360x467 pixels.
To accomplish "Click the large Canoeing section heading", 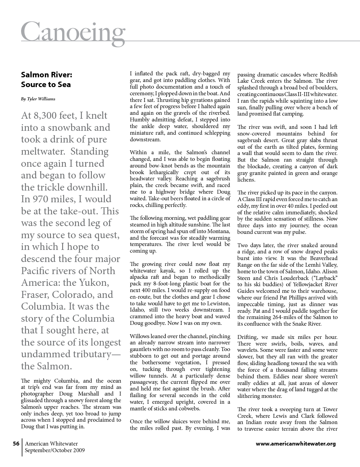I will (x=73, y=31).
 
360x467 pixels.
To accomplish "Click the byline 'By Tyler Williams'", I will (x=38, y=99).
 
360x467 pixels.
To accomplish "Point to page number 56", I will (x=16, y=444).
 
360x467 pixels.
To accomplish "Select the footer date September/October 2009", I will (x=55, y=450).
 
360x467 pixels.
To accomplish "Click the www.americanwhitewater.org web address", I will (x=296, y=444).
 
